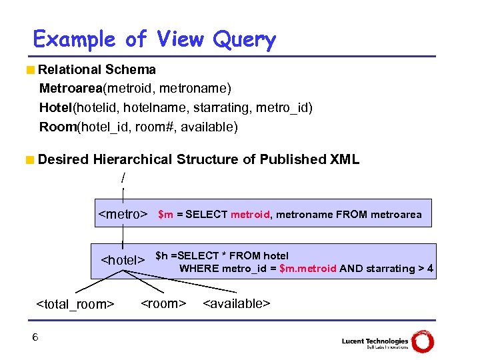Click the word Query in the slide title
pos(244,40)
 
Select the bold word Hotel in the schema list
pos(55,108)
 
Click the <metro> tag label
pos(123,215)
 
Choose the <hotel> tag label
pos(123,259)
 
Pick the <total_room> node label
pos(75,304)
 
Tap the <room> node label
pos(163,304)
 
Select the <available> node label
pos(236,304)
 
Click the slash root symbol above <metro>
pos(123,179)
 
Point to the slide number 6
pos(35,337)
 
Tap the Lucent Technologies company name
pos(375,341)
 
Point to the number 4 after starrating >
pos(430,269)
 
